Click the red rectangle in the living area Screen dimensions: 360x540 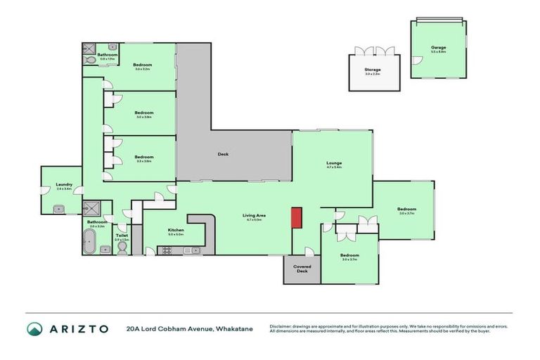297,217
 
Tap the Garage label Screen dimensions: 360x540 439,48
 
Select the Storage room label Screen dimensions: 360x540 373,70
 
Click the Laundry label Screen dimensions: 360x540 64,185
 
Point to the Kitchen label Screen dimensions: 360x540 176,230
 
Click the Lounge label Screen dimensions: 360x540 333,162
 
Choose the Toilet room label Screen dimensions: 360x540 121,236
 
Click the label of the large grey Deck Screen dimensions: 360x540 223,154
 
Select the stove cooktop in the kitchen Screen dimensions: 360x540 169,249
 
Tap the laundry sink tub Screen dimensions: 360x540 58,208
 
